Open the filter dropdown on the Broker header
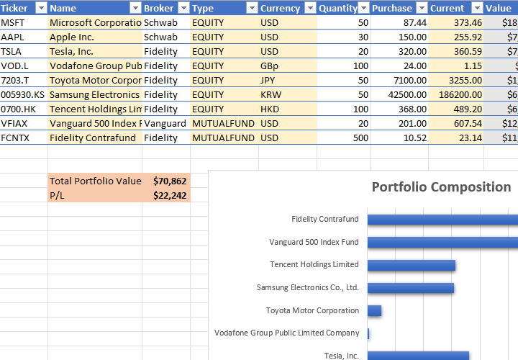point(183,8)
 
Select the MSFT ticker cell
point(12,22)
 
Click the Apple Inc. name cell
point(72,37)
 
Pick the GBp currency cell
point(273,66)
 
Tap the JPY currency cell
point(268,80)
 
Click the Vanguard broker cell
point(165,123)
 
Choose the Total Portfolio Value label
point(96,181)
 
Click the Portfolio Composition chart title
point(441,187)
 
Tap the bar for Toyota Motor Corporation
point(374,310)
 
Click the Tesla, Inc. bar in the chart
point(418,355)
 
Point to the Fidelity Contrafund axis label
point(324,219)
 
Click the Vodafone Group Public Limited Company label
point(286,333)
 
